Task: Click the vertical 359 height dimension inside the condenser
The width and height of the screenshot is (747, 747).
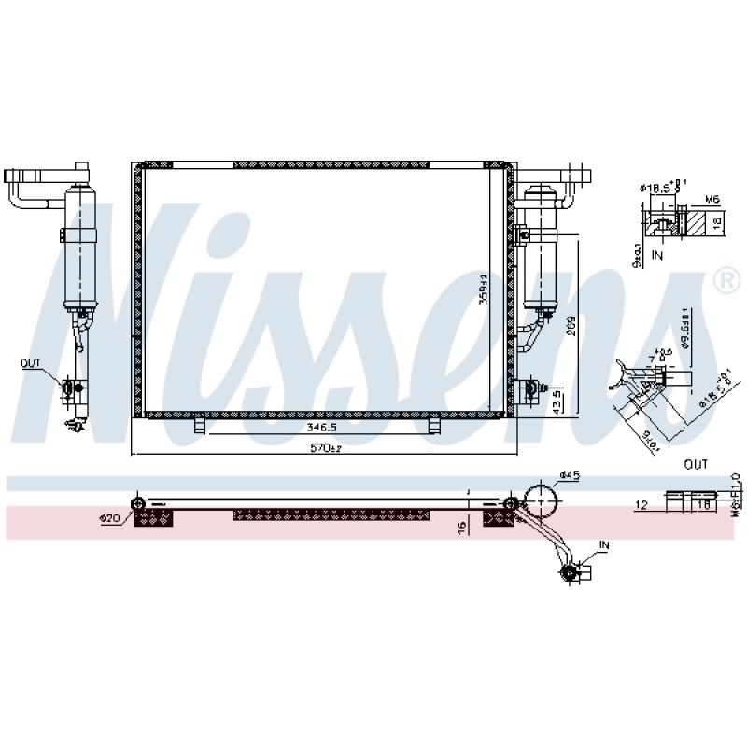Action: [484, 289]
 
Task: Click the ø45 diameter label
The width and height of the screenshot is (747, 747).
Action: [570, 475]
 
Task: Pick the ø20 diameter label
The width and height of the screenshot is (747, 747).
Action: [111, 517]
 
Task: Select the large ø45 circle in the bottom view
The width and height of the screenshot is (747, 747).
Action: [541, 501]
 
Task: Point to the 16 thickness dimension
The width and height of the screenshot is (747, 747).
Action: [461, 529]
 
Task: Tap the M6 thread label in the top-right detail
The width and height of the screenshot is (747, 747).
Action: [711, 199]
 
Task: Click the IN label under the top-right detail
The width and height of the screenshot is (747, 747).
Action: [656, 252]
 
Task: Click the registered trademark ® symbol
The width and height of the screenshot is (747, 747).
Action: [725, 279]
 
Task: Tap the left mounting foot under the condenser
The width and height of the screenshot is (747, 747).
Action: [199, 426]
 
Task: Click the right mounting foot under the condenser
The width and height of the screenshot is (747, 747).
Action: [434, 426]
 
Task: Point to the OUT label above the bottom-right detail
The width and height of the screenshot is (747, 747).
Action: [695, 464]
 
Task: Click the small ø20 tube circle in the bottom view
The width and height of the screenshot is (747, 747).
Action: [139, 505]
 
